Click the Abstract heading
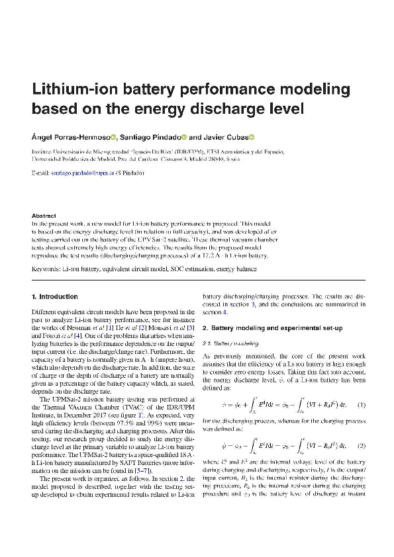click(x=44, y=216)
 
